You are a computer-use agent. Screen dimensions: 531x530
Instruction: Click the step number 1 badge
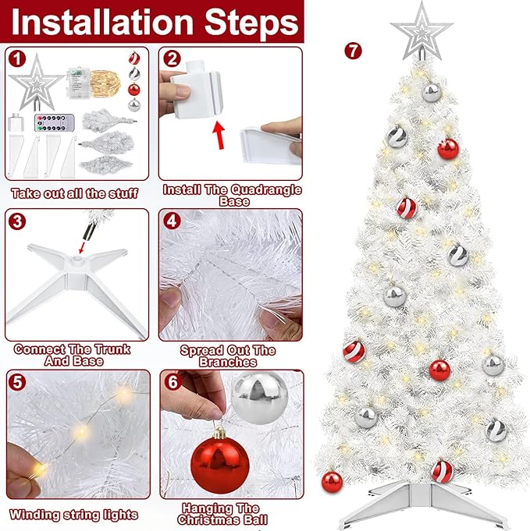point(17,60)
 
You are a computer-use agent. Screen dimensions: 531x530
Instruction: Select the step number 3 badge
point(17,221)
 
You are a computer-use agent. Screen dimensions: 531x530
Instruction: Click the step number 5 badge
point(17,382)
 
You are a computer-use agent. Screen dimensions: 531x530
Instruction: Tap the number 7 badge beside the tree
point(353,51)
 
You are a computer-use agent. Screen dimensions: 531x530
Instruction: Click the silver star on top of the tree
point(422,31)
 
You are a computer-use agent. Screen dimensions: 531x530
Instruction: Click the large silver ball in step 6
point(260,397)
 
